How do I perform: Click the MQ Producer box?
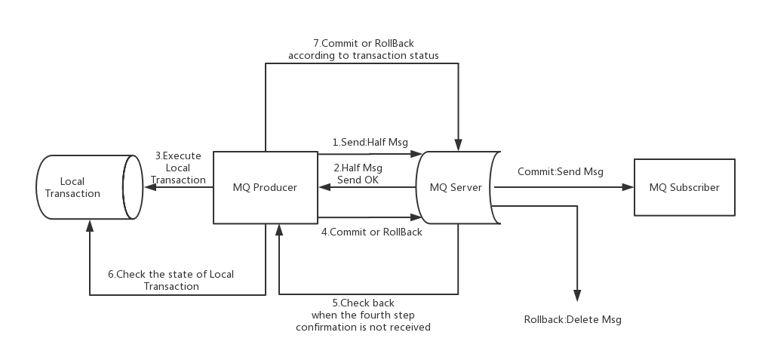(266, 187)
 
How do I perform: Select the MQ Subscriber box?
(684, 187)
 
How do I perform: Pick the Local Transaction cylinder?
(90, 187)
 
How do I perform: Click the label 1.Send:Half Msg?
(370, 142)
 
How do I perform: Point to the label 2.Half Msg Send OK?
(358, 174)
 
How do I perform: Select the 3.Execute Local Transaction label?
(178, 168)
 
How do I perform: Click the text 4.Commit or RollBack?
(372, 232)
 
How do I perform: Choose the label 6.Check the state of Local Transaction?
(171, 280)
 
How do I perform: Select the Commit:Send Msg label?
(561, 171)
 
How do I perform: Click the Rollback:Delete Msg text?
(573, 320)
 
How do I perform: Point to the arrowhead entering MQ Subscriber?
(628, 187)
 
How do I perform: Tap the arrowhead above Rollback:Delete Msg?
(577, 296)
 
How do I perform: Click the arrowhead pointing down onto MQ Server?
(459, 145)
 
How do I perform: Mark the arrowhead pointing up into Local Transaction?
(90, 226)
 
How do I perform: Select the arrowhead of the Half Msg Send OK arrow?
(324, 187)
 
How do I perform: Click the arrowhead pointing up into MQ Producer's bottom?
(279, 229)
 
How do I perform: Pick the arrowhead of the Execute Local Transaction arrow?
(150, 187)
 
